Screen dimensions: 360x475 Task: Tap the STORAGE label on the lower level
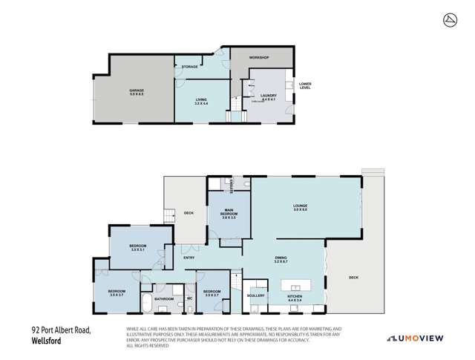(190, 67)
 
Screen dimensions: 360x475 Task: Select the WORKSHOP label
(258, 57)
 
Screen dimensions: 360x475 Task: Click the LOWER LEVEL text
(305, 86)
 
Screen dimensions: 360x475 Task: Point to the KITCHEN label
(295, 295)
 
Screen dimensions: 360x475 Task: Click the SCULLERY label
(256, 295)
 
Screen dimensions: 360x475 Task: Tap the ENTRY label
(189, 258)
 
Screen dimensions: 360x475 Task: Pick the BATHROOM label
(164, 299)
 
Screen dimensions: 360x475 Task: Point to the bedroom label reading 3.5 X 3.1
(138, 248)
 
